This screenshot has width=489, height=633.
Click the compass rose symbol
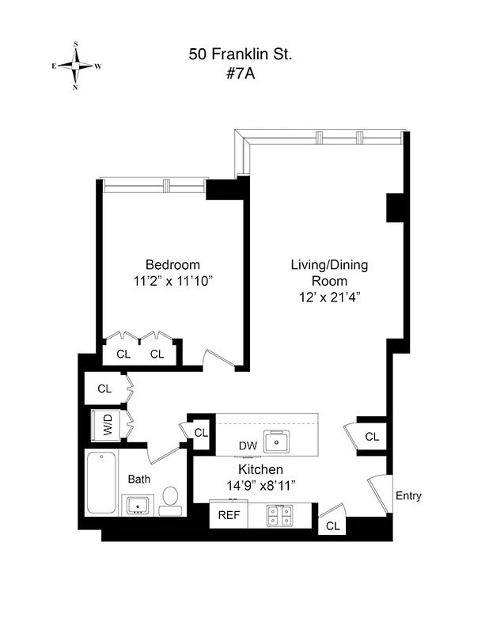(76, 66)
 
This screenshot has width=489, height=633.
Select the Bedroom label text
(172, 265)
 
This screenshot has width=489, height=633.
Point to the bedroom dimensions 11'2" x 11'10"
(172, 280)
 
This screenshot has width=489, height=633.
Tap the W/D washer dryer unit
(105, 426)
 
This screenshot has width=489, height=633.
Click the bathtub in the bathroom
(101, 483)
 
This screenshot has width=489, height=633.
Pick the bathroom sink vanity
(138, 504)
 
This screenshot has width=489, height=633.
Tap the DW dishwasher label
(248, 446)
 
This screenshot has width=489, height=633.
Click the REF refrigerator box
(229, 515)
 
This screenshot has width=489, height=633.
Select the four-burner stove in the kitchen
(279, 516)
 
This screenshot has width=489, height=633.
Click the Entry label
(408, 496)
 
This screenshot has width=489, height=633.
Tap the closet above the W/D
(105, 389)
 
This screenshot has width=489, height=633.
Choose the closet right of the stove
(333, 525)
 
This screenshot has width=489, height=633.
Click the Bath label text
(139, 479)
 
